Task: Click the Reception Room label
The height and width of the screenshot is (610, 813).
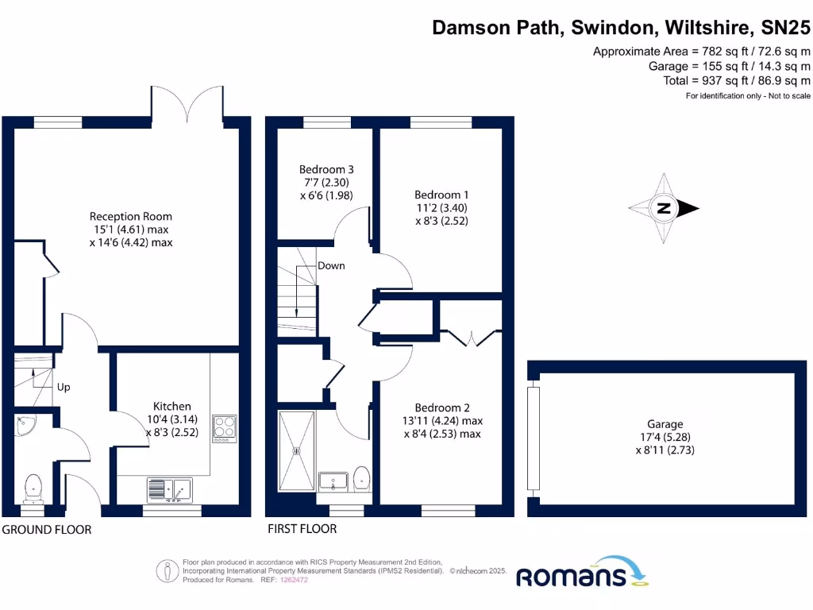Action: (x=131, y=216)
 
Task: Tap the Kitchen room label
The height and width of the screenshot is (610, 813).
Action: (x=172, y=406)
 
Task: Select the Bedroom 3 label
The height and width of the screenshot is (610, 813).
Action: (x=326, y=169)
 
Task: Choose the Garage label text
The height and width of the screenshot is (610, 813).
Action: (x=664, y=424)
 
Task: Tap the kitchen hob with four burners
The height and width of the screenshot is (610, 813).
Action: (x=225, y=428)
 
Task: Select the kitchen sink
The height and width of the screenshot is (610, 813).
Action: (x=169, y=489)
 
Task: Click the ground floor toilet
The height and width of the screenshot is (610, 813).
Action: (x=33, y=488)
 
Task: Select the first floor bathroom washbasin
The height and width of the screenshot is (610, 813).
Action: (x=333, y=481)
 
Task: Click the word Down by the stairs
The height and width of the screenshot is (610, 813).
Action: (x=331, y=265)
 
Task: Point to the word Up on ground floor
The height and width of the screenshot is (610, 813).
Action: (x=64, y=388)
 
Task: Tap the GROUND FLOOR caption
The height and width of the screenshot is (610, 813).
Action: (x=47, y=530)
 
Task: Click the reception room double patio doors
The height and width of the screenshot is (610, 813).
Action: (x=188, y=102)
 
